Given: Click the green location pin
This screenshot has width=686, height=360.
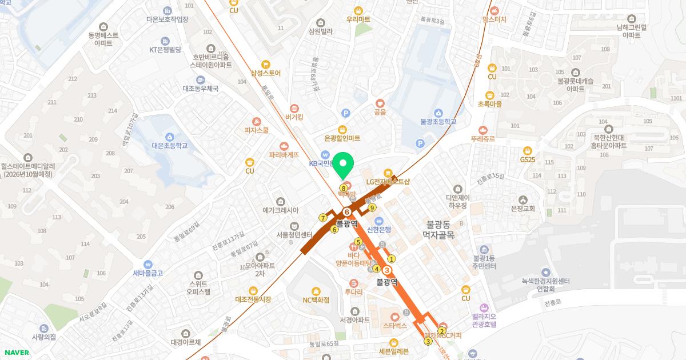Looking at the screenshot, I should tap(343, 166).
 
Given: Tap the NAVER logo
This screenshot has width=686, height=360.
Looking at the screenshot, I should tap(17, 353).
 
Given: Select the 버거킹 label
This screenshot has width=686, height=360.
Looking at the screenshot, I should tap(294, 117).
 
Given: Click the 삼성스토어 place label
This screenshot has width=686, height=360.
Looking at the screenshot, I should tap(265, 73).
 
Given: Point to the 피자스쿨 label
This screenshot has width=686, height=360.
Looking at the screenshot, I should tap(256, 130).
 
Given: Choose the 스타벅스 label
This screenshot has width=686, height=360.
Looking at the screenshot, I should tap(394, 325).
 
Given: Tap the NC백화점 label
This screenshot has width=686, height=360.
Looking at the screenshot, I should tap(316, 299).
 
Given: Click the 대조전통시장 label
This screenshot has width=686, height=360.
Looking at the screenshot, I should tap(253, 299).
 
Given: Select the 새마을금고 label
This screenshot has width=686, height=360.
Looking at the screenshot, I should tap(148, 273).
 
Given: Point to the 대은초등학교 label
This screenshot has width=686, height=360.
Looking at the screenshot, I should tap(169, 145).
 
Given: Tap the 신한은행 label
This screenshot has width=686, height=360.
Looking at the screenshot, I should tap(378, 230).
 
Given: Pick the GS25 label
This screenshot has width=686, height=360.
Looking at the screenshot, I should tap(527, 159).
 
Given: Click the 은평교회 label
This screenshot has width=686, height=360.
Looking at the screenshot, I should tap(523, 208).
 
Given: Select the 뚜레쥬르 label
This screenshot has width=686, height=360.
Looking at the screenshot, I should tap(483, 138).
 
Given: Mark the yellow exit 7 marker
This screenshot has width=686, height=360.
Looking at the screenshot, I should tap(323, 218).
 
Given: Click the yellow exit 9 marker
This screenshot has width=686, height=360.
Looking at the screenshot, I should tap(372, 207).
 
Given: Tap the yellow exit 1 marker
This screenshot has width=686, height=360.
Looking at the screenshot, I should tap(392, 259).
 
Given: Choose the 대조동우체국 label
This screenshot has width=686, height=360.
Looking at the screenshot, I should tap(201, 89).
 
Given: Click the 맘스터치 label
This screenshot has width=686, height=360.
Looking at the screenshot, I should tap(494, 19).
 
